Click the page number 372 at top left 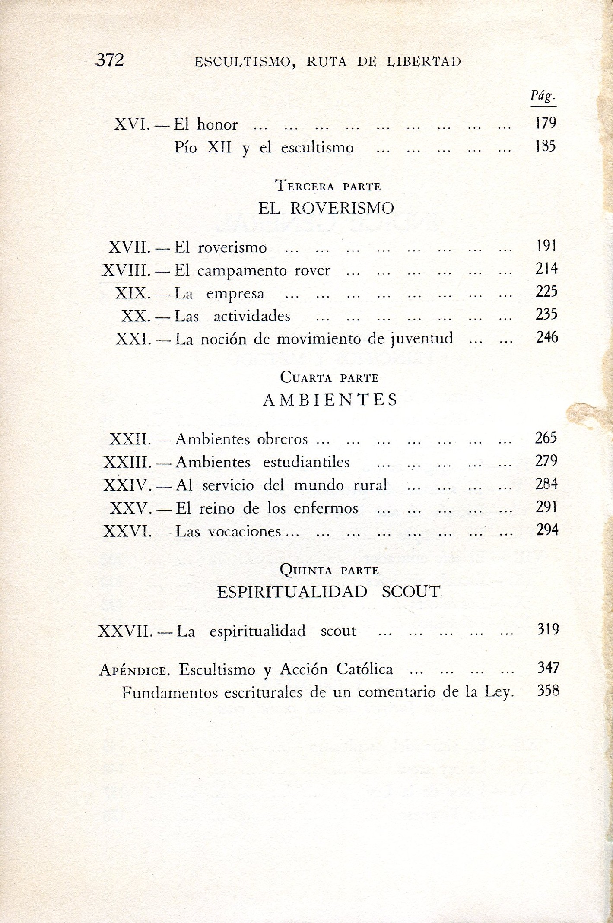[110, 60]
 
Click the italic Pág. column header [543, 97]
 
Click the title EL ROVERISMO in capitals [326, 209]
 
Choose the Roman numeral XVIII [127, 270]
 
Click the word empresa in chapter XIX [235, 294]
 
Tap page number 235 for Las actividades [546, 315]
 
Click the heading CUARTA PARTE [329, 378]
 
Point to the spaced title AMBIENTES [330, 400]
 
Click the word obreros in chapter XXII [283, 439]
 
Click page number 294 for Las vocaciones [547, 530]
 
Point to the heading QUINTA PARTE [329, 570]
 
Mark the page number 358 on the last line [548, 691]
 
